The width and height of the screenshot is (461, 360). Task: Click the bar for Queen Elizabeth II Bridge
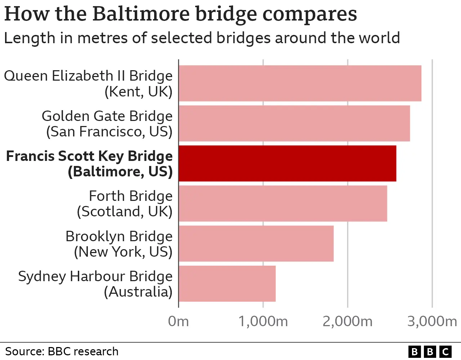300,83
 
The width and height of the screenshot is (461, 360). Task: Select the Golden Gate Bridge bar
294,123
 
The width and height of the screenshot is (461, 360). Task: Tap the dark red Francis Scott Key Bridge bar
287,163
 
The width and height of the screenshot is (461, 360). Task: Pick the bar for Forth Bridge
283,203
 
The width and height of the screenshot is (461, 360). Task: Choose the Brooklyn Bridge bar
256,243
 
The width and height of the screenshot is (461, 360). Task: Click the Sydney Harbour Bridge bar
227,284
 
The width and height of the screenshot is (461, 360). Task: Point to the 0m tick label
178,321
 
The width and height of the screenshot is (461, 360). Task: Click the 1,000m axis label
263,321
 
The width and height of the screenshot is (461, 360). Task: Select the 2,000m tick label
347,321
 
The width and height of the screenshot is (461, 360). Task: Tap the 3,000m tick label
432,321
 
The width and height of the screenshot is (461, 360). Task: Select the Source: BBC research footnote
62,351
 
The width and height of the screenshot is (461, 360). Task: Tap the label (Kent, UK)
138,92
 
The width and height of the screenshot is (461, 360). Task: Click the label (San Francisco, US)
109,132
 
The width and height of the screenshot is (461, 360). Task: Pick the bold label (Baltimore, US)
120,172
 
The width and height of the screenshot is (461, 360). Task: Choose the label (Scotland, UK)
124,212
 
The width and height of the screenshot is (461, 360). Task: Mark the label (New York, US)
123,252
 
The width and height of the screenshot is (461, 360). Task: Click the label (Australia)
138,292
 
